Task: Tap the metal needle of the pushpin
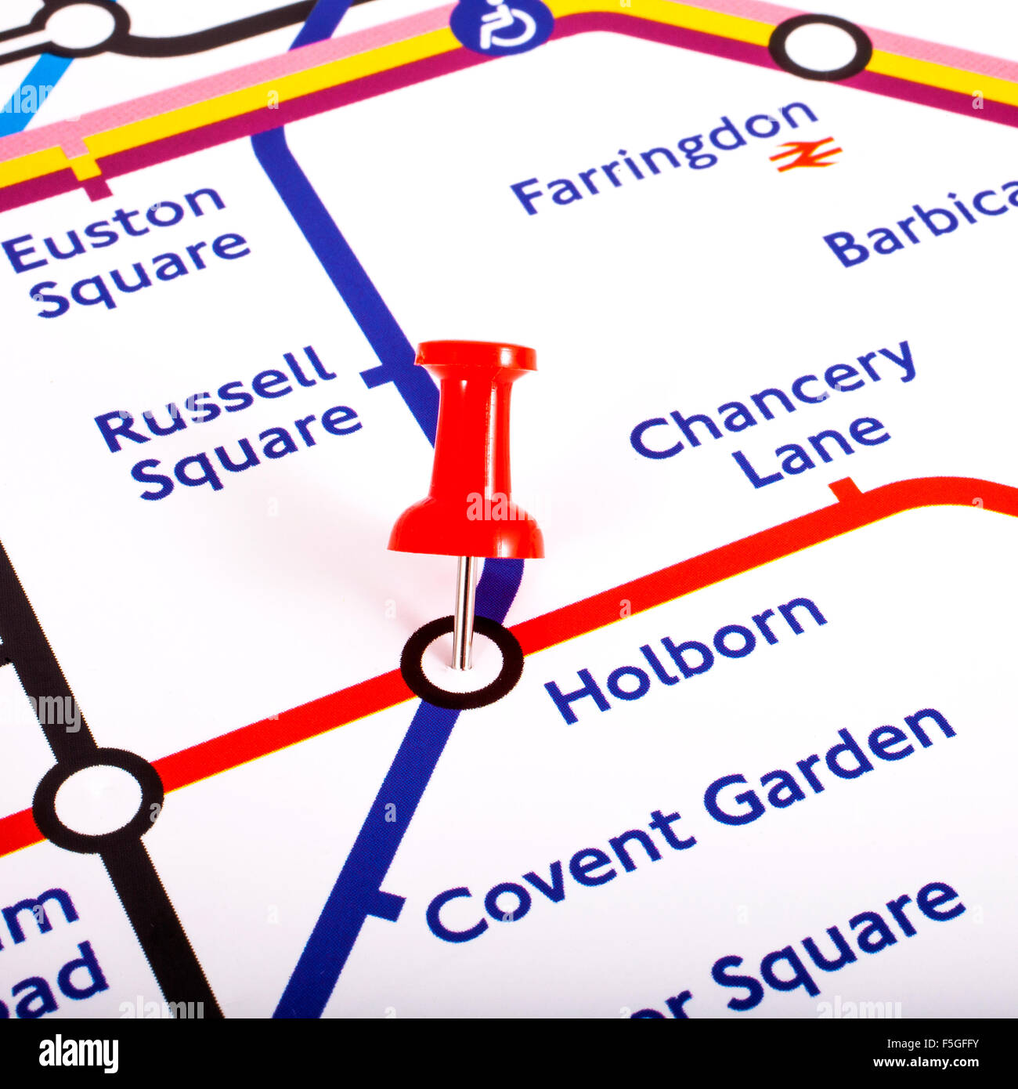[464, 611]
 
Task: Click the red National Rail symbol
[805, 154]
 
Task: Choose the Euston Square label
[125, 251]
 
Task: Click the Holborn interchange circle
[462, 663]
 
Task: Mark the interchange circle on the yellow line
[820, 48]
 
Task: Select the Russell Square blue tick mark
[377, 377]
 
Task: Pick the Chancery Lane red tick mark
[846, 490]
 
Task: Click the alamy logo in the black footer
[78, 1054]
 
